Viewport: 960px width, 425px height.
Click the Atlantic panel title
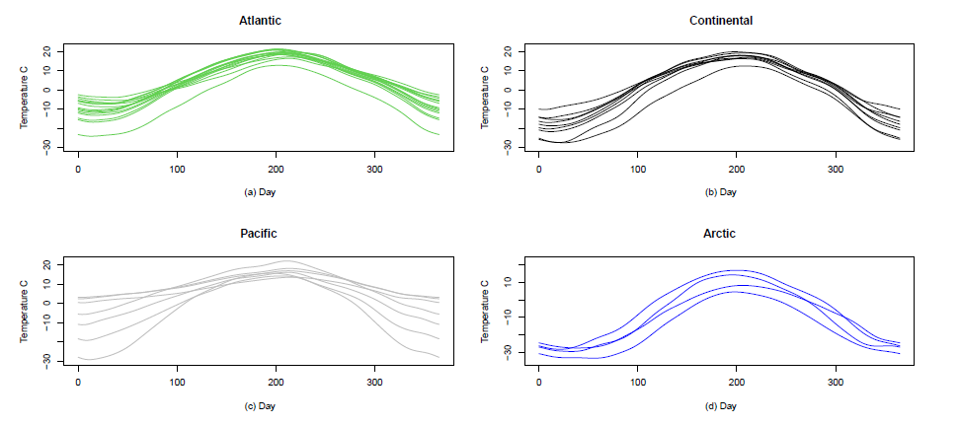[x=258, y=20]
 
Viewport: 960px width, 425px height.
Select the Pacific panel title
[x=258, y=234]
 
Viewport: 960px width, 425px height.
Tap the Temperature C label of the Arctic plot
[x=486, y=312]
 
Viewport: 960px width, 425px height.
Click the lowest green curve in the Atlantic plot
[x=276, y=65]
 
